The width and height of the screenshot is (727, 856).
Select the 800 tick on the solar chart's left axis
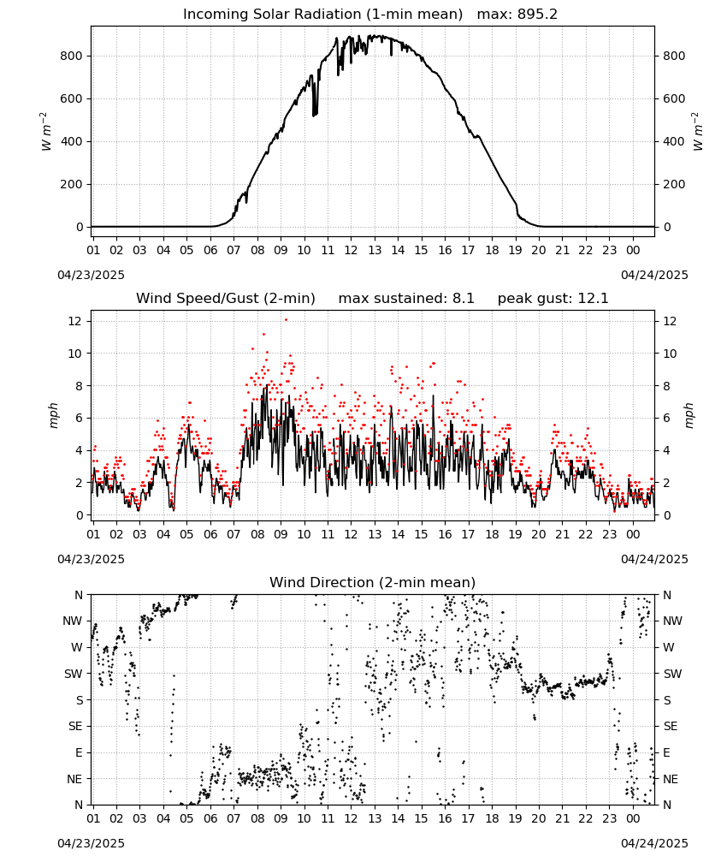pyautogui.click(x=72, y=56)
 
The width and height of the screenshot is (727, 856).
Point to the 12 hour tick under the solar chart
pyautogui.click(x=351, y=250)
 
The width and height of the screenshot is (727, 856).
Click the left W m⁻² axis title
pyautogui.click(x=46, y=132)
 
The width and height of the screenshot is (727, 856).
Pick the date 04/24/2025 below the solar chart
pyautogui.click(x=654, y=275)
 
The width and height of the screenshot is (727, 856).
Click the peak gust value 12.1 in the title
pyautogui.click(x=597, y=299)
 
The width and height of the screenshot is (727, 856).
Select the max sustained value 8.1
pyautogui.click(x=464, y=299)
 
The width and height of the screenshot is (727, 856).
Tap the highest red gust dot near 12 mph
pyautogui.click(x=286, y=320)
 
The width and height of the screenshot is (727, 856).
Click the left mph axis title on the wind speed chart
pyautogui.click(x=53, y=415)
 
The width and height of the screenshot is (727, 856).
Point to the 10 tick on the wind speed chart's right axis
pyautogui.click(x=670, y=354)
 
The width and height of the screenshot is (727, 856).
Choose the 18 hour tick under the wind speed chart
pyautogui.click(x=492, y=534)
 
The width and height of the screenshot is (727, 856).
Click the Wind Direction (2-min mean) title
pyautogui.click(x=373, y=582)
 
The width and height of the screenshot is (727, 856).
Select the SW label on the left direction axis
pyautogui.click(x=74, y=674)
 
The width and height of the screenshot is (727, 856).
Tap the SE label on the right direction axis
pyautogui.click(x=671, y=726)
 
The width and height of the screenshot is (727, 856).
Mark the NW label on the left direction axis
pyautogui.click(x=73, y=621)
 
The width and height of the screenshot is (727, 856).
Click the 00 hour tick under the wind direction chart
pyautogui.click(x=633, y=818)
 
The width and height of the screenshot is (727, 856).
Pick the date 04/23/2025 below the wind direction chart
pyautogui.click(x=91, y=843)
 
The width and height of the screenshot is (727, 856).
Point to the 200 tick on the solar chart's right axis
pyautogui.click(x=674, y=184)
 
